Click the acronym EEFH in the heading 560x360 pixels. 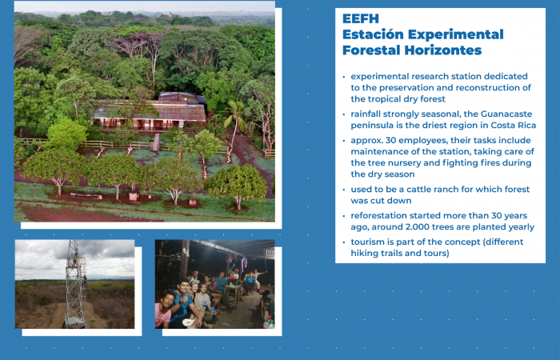pyautogui.click(x=360, y=18)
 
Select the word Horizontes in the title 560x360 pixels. pyautogui.click(x=444, y=50)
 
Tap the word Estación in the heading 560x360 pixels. pyautogui.click(x=372, y=34)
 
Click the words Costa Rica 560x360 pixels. pyautogui.click(x=510, y=126)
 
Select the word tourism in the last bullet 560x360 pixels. pyautogui.click(x=370, y=242)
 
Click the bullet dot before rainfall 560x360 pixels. pyautogui.click(x=344, y=114)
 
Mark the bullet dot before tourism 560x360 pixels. pyautogui.click(x=344, y=242)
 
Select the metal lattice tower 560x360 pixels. pyautogui.click(x=75, y=284)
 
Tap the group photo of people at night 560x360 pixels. pyautogui.click(x=214, y=284)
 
